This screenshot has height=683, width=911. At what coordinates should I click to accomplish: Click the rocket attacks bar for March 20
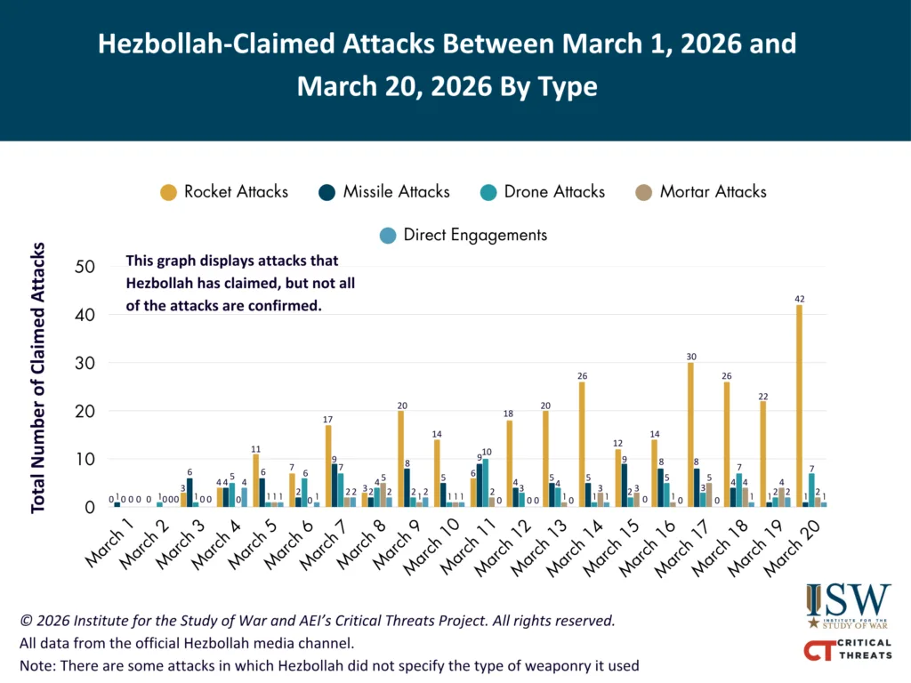800,406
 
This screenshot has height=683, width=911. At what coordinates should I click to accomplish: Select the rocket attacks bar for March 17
690,436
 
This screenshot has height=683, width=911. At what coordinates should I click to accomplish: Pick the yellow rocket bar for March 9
400,460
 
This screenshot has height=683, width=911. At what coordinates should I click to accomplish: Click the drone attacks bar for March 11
484,483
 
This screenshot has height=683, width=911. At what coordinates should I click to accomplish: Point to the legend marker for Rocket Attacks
167,192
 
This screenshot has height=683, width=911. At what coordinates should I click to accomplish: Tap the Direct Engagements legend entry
463,235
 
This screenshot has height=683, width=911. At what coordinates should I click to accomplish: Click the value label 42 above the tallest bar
800,300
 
